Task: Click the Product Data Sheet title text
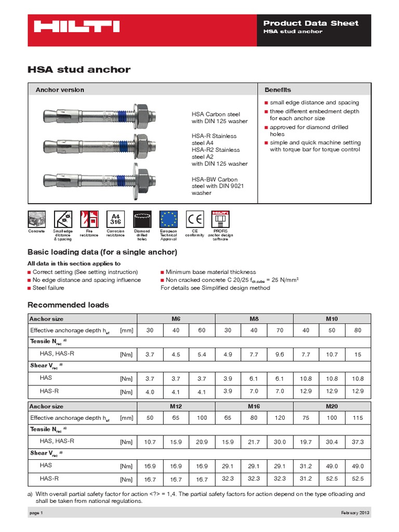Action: pos(311,23)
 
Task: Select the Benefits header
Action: pos(278,89)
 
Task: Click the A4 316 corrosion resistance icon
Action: pos(115,218)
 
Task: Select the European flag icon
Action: pos(168,218)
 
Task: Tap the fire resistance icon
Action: pos(89,218)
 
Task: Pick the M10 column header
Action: pos(332,318)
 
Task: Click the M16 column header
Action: pos(254,406)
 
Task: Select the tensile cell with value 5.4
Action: pos(202,354)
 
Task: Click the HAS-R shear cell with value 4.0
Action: pos(150,391)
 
